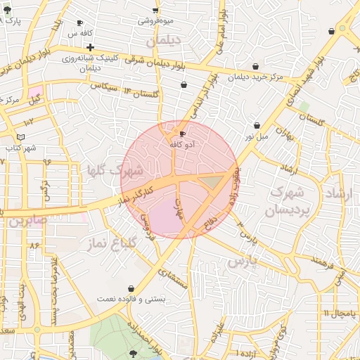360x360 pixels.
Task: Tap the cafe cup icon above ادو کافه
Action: [183, 134]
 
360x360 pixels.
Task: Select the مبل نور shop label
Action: [256, 136]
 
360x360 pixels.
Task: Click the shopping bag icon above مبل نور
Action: [257, 126]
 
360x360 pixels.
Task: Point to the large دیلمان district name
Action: [164, 41]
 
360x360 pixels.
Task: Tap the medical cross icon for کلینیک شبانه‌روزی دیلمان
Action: [91, 47]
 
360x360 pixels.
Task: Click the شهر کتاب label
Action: [20, 148]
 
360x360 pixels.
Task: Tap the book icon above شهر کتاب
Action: [20, 136]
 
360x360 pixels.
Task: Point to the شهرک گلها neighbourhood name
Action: [115, 170]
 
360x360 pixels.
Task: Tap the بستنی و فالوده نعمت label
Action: [131, 299]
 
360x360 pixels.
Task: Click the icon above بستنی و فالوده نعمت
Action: [131, 288]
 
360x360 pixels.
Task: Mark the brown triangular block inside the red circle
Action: [210, 183]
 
